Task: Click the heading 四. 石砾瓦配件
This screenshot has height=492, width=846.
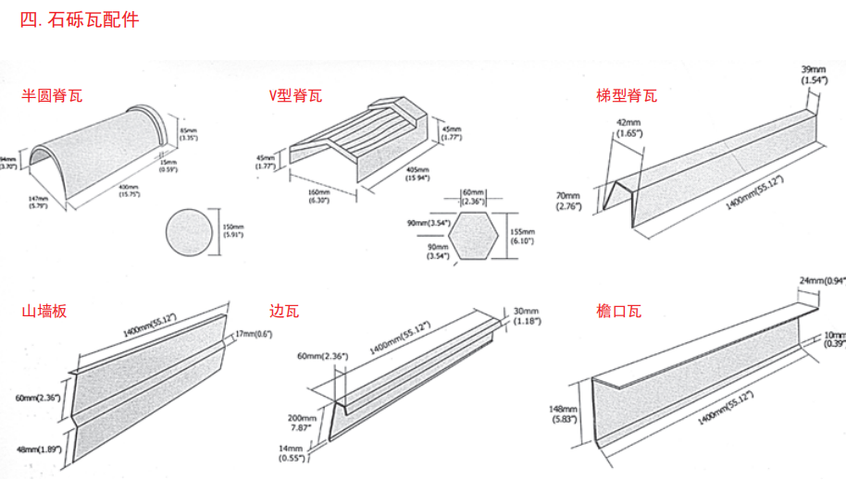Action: tap(81, 19)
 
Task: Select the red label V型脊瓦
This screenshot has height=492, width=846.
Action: tap(295, 95)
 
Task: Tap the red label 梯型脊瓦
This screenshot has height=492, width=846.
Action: tap(628, 95)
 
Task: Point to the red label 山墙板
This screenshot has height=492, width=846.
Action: tap(44, 312)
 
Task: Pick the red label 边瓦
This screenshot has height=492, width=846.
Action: tap(284, 312)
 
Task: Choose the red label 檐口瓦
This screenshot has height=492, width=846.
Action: tap(619, 312)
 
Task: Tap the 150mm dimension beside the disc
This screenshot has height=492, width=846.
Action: tap(233, 231)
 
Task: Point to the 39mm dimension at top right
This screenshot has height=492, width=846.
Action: tap(814, 75)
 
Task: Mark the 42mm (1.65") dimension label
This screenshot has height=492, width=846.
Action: tap(627, 129)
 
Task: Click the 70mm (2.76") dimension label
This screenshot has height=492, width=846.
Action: tap(566, 202)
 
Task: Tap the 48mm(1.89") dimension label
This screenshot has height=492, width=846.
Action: tap(38, 449)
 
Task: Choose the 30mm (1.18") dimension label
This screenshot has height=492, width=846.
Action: tap(528, 315)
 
